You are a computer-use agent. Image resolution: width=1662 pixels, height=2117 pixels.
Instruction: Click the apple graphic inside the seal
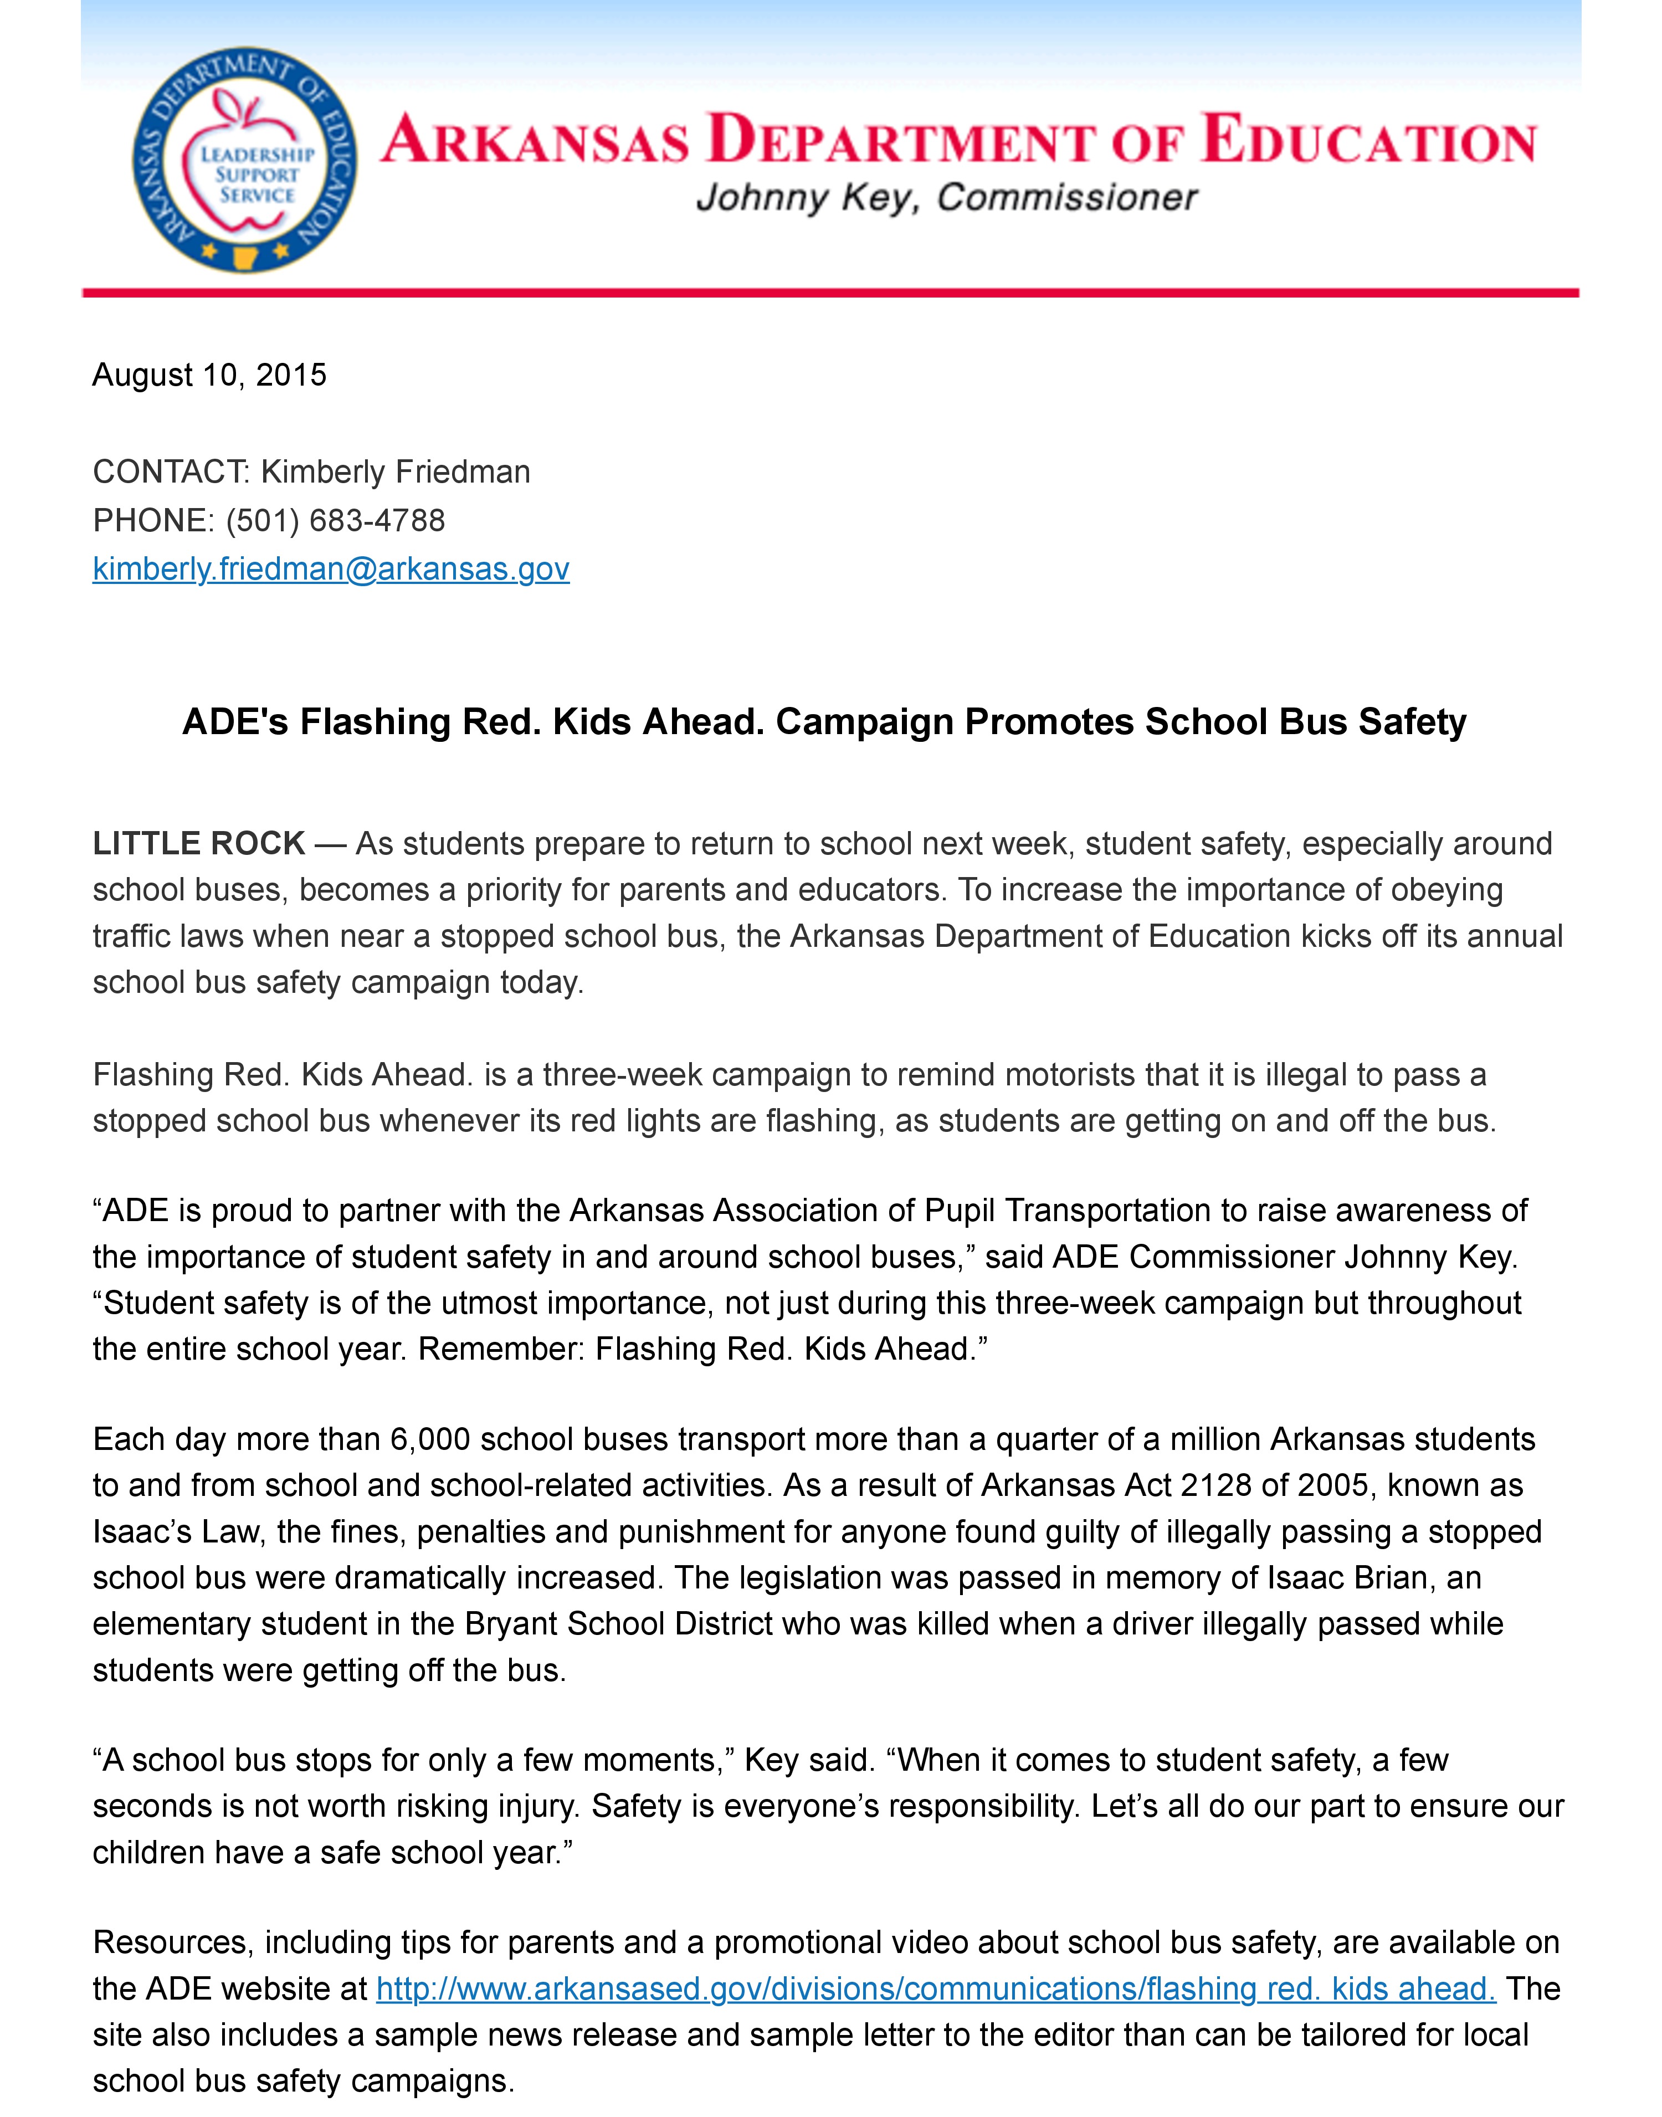tap(255, 161)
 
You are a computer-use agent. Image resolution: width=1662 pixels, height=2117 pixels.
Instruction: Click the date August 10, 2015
tap(209, 376)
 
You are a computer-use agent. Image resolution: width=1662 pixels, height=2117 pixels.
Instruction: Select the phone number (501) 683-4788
tap(336, 520)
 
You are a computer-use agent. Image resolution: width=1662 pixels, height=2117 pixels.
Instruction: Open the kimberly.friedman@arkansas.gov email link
tap(331, 569)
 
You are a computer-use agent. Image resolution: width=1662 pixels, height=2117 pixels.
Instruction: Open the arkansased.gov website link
tap(936, 1988)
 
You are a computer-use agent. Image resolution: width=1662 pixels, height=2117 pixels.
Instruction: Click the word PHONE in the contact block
tap(151, 520)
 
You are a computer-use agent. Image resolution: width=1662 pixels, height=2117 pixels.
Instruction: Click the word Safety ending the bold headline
tap(1412, 722)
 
